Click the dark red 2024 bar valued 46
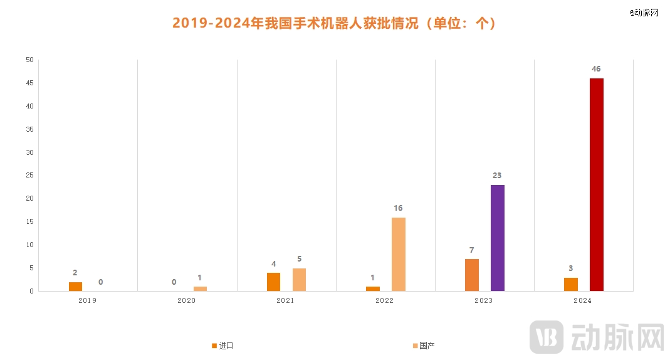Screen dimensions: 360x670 click(x=596, y=184)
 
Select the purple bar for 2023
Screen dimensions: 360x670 click(x=497, y=238)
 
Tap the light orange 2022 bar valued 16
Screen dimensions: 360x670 click(x=398, y=254)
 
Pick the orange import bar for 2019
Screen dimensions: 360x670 click(x=75, y=287)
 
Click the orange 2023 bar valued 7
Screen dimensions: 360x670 click(x=471, y=275)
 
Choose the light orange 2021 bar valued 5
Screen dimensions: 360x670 click(x=299, y=280)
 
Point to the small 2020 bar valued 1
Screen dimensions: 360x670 click(x=200, y=289)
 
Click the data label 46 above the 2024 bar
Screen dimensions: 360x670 click(x=596, y=68)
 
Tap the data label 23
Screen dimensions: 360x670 click(x=497, y=176)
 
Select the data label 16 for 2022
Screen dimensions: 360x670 click(x=398, y=208)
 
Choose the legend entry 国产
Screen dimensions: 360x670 click(x=426, y=346)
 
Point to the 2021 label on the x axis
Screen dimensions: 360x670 click(x=285, y=301)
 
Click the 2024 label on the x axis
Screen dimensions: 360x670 click(x=582, y=301)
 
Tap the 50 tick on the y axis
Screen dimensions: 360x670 click(x=29, y=60)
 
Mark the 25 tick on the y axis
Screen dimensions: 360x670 click(x=29, y=176)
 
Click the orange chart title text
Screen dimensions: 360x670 click(x=334, y=23)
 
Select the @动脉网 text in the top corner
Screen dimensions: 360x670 click(x=644, y=12)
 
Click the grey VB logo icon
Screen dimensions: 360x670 click(x=546, y=337)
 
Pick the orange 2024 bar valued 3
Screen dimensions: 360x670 click(x=570, y=284)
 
